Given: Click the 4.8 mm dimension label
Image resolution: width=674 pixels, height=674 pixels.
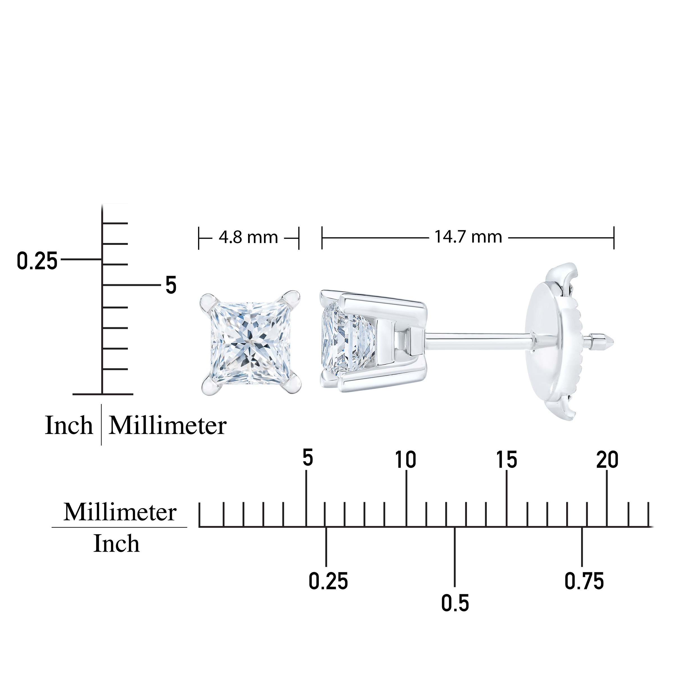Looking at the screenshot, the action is pyautogui.click(x=248, y=238).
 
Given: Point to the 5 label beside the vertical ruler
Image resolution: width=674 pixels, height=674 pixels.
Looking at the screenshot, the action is pyautogui.click(x=170, y=285).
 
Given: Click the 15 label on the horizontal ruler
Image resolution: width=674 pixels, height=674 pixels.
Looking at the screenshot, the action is pyautogui.click(x=507, y=459).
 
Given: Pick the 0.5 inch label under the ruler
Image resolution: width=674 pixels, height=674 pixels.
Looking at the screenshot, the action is pyautogui.click(x=455, y=603).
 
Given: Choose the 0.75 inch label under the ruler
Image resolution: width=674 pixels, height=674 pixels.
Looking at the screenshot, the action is pyautogui.click(x=584, y=581).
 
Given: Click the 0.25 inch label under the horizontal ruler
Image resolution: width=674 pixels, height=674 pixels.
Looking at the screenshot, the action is pyautogui.click(x=328, y=581).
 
